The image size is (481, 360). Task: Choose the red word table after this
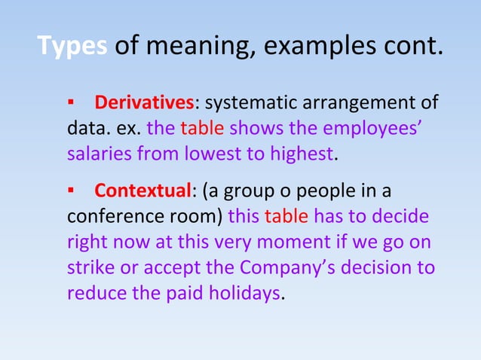(286, 216)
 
